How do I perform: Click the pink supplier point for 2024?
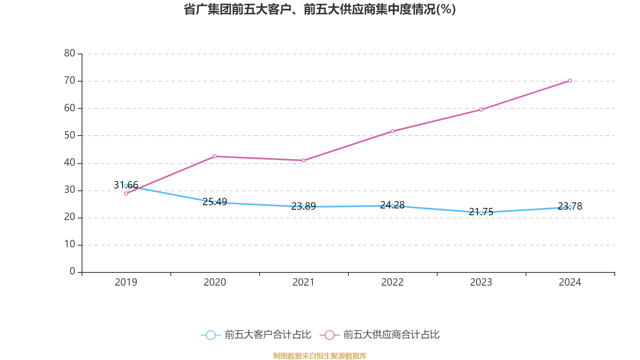570,81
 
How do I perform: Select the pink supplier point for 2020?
215,156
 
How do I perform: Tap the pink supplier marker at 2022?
392,131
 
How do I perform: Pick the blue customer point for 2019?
126,186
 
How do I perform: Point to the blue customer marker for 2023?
481,213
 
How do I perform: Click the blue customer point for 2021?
304,207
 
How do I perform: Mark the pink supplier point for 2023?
481,110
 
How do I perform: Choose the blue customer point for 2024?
570,207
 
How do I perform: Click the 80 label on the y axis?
70,53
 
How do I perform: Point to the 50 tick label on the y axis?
70,135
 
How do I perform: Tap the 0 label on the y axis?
72,272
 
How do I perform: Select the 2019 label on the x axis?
126,282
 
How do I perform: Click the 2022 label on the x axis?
392,282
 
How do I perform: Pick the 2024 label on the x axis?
570,282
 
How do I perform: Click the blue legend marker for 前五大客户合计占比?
211,335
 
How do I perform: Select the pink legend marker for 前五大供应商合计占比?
330,335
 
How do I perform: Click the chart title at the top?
320,9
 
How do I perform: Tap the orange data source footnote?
320,356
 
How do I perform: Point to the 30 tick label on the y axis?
70,190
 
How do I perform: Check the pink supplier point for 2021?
304,160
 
